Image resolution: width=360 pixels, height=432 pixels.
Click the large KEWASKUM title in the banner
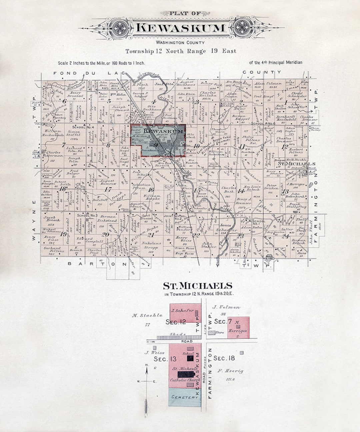click(x=180, y=28)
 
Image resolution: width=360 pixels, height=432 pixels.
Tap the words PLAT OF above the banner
click(x=185, y=13)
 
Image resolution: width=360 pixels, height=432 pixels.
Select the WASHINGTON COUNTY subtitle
click(x=180, y=43)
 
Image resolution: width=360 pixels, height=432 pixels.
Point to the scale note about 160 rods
click(x=101, y=63)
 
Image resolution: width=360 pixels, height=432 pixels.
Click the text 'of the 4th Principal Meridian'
click(x=276, y=62)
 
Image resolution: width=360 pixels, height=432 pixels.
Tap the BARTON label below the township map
click(x=97, y=264)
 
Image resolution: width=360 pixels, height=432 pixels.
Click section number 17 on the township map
click(x=108, y=189)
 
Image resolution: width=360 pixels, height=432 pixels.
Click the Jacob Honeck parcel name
click(x=51, y=219)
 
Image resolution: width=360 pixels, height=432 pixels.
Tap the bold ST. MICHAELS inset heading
click(x=197, y=286)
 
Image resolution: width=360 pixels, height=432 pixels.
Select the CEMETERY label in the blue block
click(x=185, y=397)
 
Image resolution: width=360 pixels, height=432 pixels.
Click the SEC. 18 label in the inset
click(x=224, y=358)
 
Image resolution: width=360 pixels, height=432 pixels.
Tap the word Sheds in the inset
click(x=177, y=334)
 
